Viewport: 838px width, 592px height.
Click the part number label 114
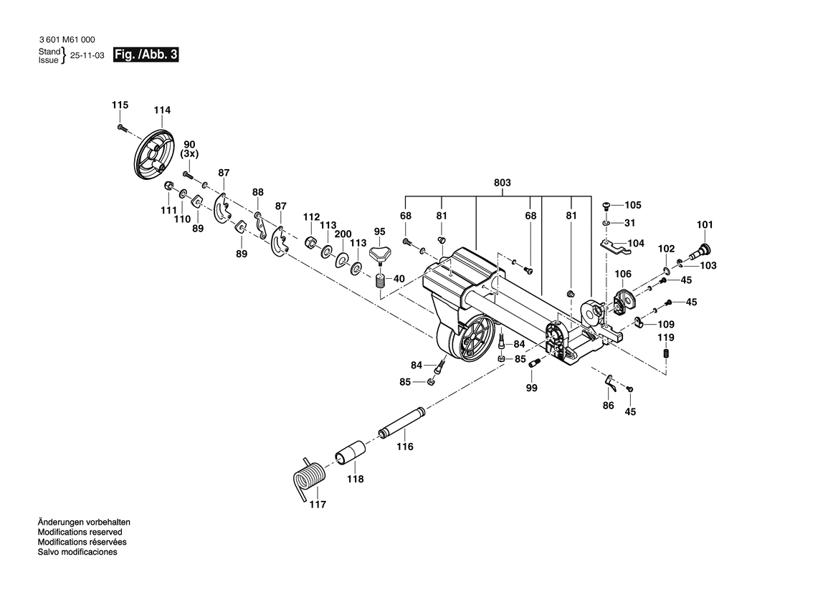pos(162,110)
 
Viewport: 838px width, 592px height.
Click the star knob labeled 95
pos(380,254)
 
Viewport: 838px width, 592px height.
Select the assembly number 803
pos(502,183)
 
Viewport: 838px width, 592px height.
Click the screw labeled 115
pos(120,128)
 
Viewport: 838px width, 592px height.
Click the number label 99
pos(531,388)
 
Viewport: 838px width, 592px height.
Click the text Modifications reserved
pos(80,533)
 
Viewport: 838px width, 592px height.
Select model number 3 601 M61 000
pos(66,40)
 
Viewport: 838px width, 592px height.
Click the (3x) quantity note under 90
pos(189,154)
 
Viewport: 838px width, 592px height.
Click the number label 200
pos(343,234)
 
